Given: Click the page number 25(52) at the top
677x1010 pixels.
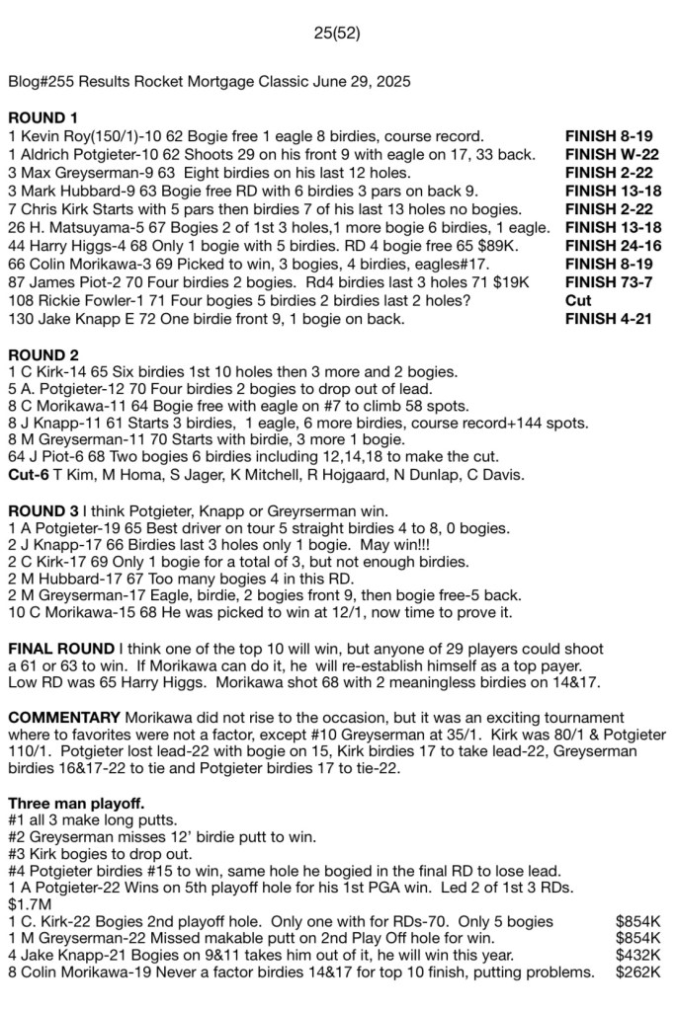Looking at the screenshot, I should click(x=337, y=33).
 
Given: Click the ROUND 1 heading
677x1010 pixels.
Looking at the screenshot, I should click(x=42, y=117).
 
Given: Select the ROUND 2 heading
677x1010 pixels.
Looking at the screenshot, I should click(x=42, y=353).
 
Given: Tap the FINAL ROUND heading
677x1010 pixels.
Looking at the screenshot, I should click(x=60, y=649).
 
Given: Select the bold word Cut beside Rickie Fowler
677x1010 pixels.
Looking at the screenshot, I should click(x=578, y=300).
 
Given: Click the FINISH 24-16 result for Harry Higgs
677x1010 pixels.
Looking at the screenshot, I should click(x=616, y=245).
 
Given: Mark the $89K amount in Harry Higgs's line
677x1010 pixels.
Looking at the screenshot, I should click(x=511, y=245).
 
